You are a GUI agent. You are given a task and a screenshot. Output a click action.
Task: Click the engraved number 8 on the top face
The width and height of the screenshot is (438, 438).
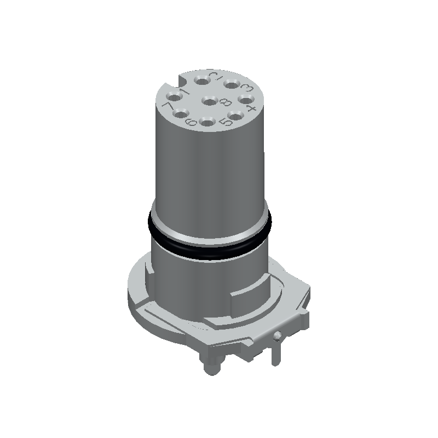click(x=224, y=102)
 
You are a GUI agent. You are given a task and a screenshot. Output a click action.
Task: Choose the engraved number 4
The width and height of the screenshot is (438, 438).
click(x=251, y=108)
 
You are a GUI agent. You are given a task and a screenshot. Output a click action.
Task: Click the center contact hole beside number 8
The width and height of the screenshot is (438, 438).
click(x=209, y=100)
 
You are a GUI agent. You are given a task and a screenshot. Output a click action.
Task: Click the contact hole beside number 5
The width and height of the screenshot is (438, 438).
click(x=236, y=116)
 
